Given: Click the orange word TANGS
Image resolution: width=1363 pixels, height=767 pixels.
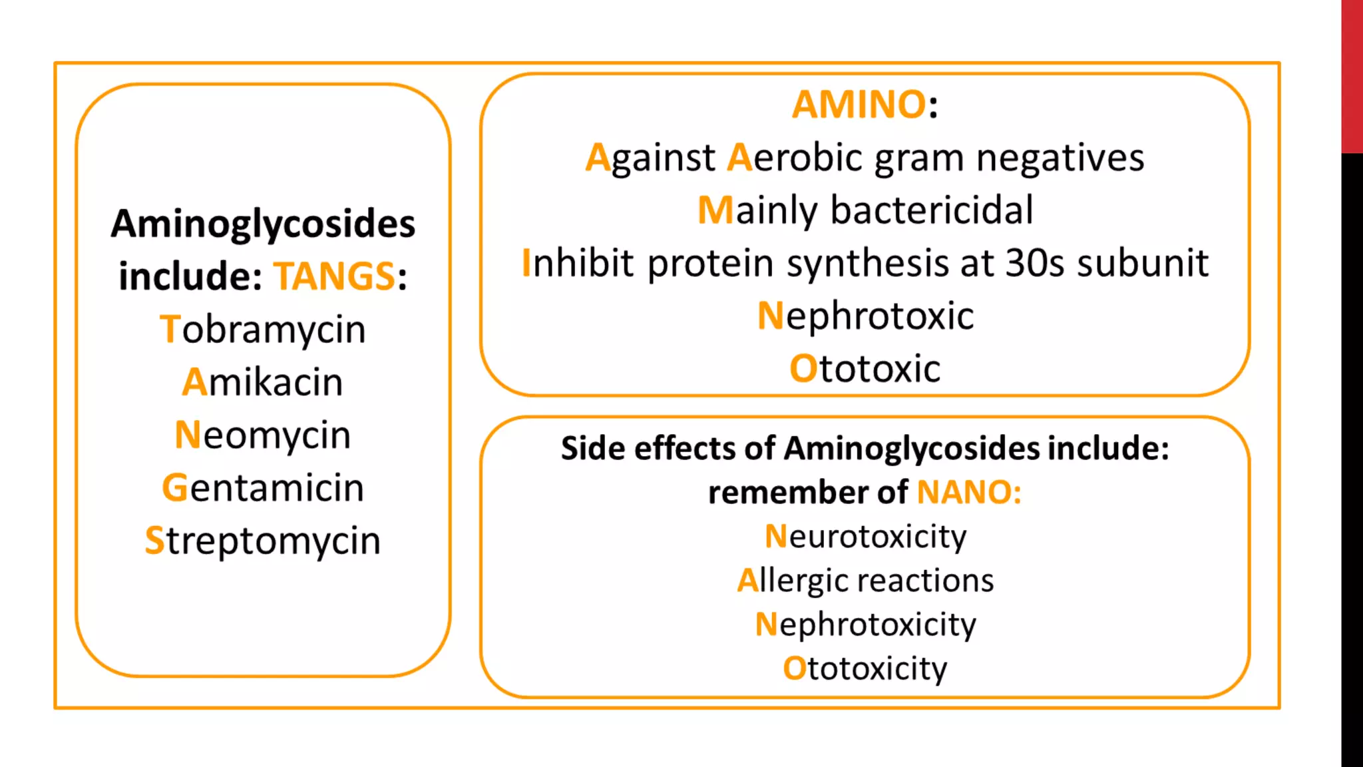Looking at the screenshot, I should click(x=335, y=276).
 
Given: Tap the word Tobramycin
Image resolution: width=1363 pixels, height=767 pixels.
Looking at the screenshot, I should click(x=263, y=329).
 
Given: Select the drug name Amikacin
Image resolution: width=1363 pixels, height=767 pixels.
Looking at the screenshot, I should click(x=263, y=382).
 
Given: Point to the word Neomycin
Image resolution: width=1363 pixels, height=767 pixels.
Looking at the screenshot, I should click(x=263, y=435).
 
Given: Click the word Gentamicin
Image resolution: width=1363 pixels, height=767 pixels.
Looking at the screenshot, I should click(x=263, y=487).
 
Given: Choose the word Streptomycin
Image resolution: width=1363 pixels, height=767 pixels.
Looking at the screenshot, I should click(x=263, y=540).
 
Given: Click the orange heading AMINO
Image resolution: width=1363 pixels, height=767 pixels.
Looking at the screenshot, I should click(x=859, y=105).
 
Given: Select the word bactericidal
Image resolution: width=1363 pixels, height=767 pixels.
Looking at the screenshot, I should click(x=932, y=210).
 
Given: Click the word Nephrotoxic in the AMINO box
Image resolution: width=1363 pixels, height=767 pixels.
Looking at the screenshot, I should click(x=865, y=316).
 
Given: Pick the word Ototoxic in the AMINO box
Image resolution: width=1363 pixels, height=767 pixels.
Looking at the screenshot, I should click(x=865, y=368).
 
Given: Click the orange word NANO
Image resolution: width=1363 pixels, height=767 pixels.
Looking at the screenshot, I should click(x=965, y=493).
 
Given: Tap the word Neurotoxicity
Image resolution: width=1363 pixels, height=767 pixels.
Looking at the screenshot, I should click(x=865, y=537).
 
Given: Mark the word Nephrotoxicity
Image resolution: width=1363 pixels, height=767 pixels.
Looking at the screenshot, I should click(x=865, y=625).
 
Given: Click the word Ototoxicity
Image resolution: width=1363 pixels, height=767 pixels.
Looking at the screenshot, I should click(x=865, y=668).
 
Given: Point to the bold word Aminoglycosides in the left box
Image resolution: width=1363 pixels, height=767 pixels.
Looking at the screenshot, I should click(x=263, y=224).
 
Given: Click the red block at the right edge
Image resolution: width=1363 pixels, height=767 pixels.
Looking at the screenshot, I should click(x=1352, y=77).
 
